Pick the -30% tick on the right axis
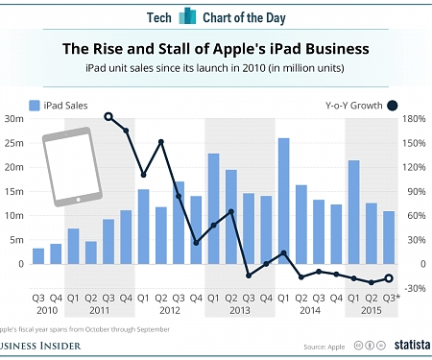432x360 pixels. pos(415,288)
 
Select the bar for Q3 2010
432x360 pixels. pos(38,255)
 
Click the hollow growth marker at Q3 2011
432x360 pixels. pos(108,116)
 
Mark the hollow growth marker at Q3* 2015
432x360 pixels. pos(389,278)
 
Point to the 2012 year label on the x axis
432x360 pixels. pos(170,310)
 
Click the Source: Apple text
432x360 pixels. pos(324,345)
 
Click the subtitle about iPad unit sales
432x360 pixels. pos(216,68)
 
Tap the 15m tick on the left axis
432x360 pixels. pos(13,191)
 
